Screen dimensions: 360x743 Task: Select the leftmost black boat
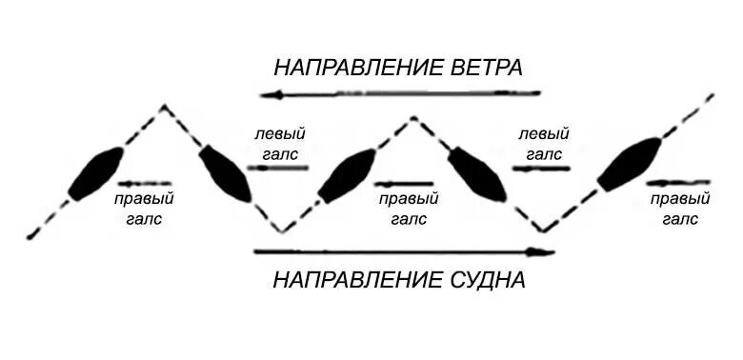94,173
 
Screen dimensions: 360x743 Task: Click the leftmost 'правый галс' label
143,209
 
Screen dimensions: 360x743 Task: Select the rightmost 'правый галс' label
680,209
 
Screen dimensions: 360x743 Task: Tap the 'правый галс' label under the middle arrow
408,209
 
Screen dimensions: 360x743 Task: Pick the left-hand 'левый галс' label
279,143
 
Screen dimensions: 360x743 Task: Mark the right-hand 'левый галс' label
544,143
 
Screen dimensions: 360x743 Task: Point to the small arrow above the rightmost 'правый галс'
678,182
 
